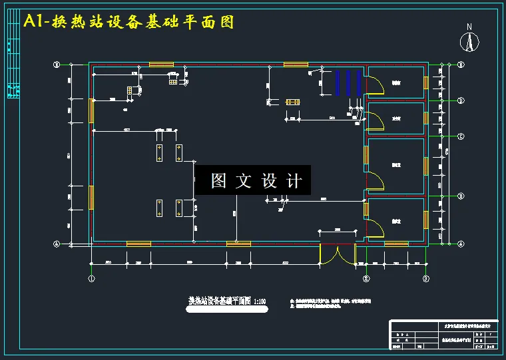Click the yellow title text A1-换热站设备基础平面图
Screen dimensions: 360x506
click(x=128, y=21)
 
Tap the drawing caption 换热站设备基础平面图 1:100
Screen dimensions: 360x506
click(x=227, y=301)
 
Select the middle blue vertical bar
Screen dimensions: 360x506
click(x=348, y=83)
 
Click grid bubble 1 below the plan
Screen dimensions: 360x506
click(x=92, y=279)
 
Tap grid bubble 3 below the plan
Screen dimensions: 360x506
click(x=426, y=279)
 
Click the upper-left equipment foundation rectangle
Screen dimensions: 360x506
click(x=160, y=153)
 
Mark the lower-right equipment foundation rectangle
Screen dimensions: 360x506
click(x=178, y=208)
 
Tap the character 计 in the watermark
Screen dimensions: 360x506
click(x=295, y=180)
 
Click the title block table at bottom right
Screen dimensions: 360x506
click(x=444, y=334)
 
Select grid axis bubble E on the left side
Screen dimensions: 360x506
click(x=57, y=65)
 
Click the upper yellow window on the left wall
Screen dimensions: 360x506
click(x=91, y=110)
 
